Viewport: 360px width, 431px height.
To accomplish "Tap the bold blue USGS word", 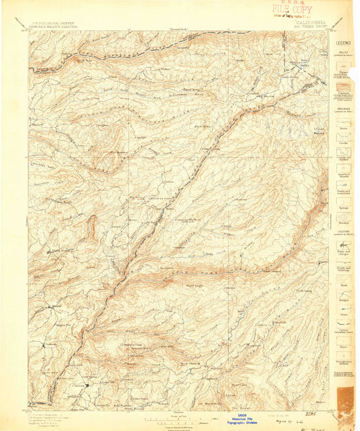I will (x=242, y=415).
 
